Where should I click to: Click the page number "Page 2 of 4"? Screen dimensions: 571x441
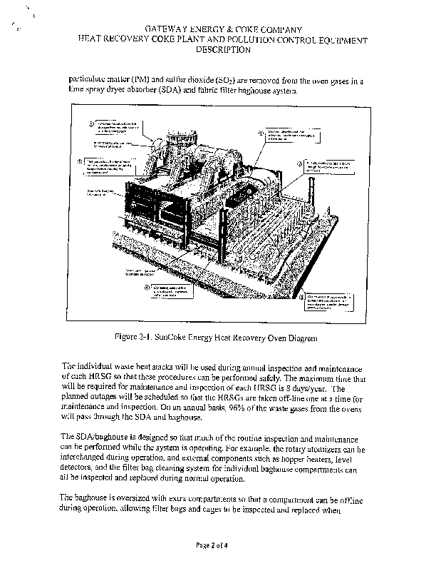(220, 546)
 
